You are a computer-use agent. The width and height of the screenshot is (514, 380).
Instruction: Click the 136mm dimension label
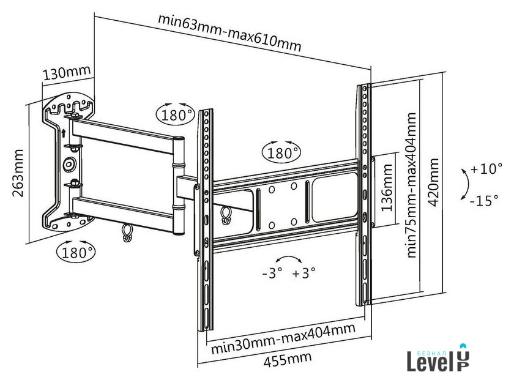[387, 190]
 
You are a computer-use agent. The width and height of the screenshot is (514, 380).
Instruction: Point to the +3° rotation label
[304, 273]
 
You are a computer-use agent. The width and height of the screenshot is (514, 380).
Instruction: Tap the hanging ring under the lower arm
[128, 232]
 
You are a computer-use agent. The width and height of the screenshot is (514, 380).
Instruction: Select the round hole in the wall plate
[69, 164]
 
